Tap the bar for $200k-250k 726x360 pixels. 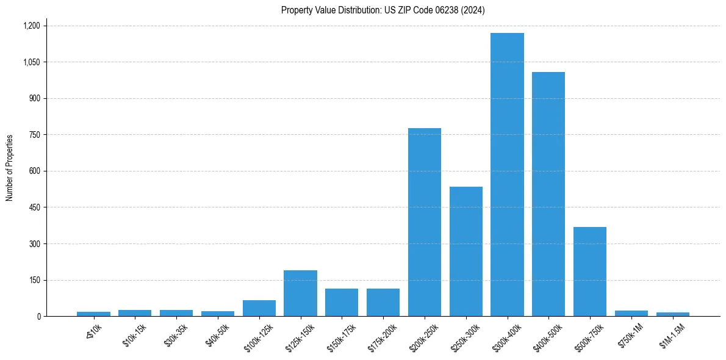[425, 222]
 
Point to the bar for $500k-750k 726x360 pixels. [590, 272]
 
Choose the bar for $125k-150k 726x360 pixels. [300, 293]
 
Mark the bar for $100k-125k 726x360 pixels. [259, 308]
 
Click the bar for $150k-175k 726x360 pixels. [342, 303]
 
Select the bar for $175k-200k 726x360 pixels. [383, 303]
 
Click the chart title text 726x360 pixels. [383, 10]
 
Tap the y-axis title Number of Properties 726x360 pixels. [10, 168]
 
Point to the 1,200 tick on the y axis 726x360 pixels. [31, 26]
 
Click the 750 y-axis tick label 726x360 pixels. [34, 135]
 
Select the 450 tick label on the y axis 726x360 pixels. [34, 207]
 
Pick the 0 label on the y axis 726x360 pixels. [38, 317]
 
